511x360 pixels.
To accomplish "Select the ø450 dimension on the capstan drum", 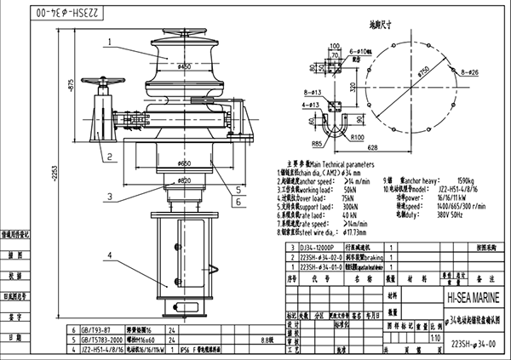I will tap(184, 65).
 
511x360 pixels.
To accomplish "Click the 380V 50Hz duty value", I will tap(454, 214).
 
